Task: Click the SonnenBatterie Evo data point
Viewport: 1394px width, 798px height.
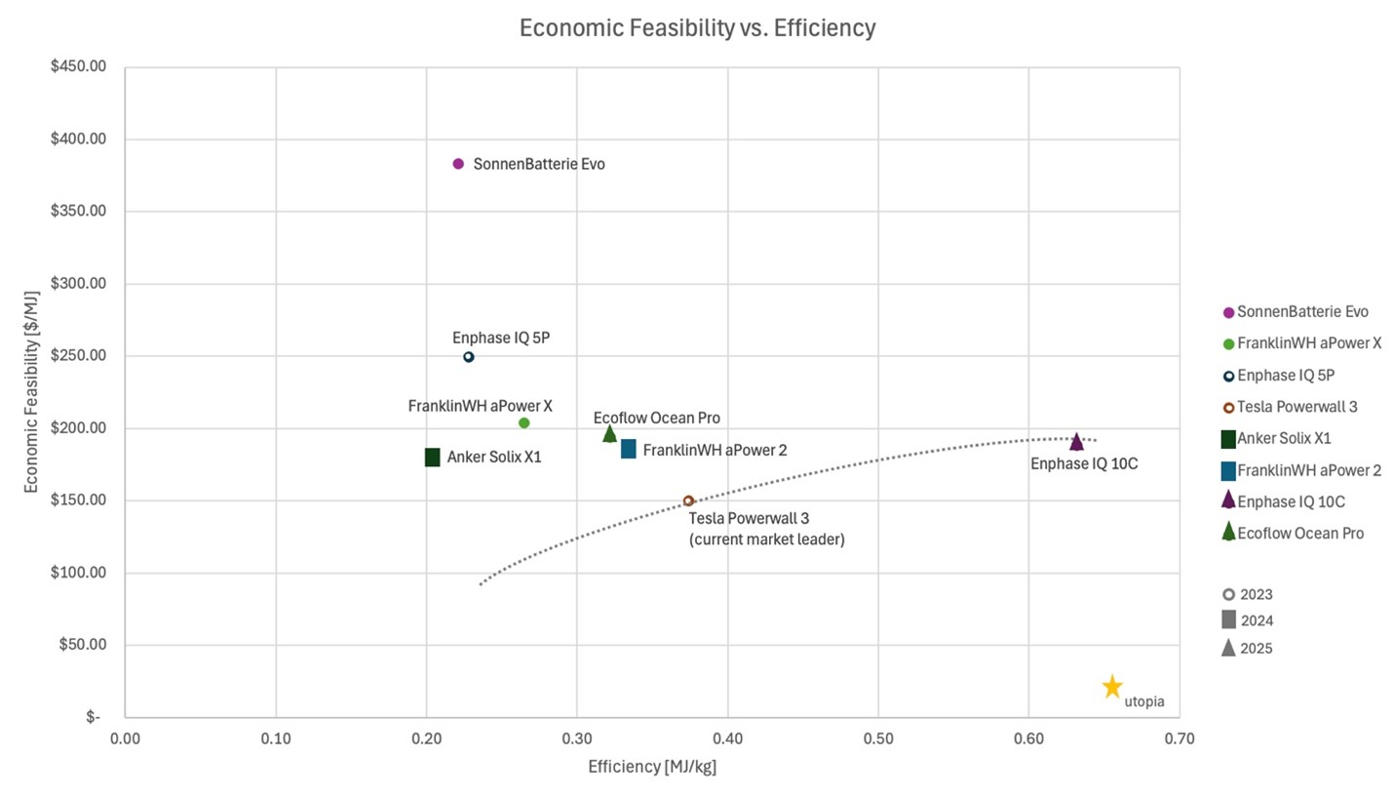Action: pos(458,164)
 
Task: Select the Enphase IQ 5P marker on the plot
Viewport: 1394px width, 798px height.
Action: pos(468,357)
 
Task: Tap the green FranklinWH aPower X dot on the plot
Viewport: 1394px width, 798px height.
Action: pos(523,423)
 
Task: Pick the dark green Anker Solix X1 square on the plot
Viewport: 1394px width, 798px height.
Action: pos(432,457)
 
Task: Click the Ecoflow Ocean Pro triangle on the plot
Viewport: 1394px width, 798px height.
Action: pos(609,434)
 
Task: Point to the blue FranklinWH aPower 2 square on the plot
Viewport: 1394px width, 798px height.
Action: pos(629,449)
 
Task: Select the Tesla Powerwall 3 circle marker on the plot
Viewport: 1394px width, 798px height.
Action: pos(688,500)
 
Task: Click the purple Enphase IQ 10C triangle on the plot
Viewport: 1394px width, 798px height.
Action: pos(1076,442)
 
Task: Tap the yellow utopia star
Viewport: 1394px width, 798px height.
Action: pos(1112,687)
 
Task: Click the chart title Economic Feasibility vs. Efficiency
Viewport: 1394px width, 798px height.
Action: pos(697,28)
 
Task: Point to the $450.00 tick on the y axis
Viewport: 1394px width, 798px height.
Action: pos(78,67)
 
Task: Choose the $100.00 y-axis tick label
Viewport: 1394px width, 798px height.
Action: pos(78,573)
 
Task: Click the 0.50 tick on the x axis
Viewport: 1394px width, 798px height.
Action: pos(878,739)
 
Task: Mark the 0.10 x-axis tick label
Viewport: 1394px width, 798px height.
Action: pos(276,739)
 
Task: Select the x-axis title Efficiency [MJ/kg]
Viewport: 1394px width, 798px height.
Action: pos(651,767)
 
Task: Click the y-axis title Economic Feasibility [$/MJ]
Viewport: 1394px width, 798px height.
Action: pos(31,391)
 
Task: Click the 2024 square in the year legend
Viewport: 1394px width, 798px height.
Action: pos(1228,619)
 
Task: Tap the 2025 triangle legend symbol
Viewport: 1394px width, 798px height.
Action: pos(1228,648)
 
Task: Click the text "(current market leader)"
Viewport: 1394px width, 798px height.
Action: pos(766,539)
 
